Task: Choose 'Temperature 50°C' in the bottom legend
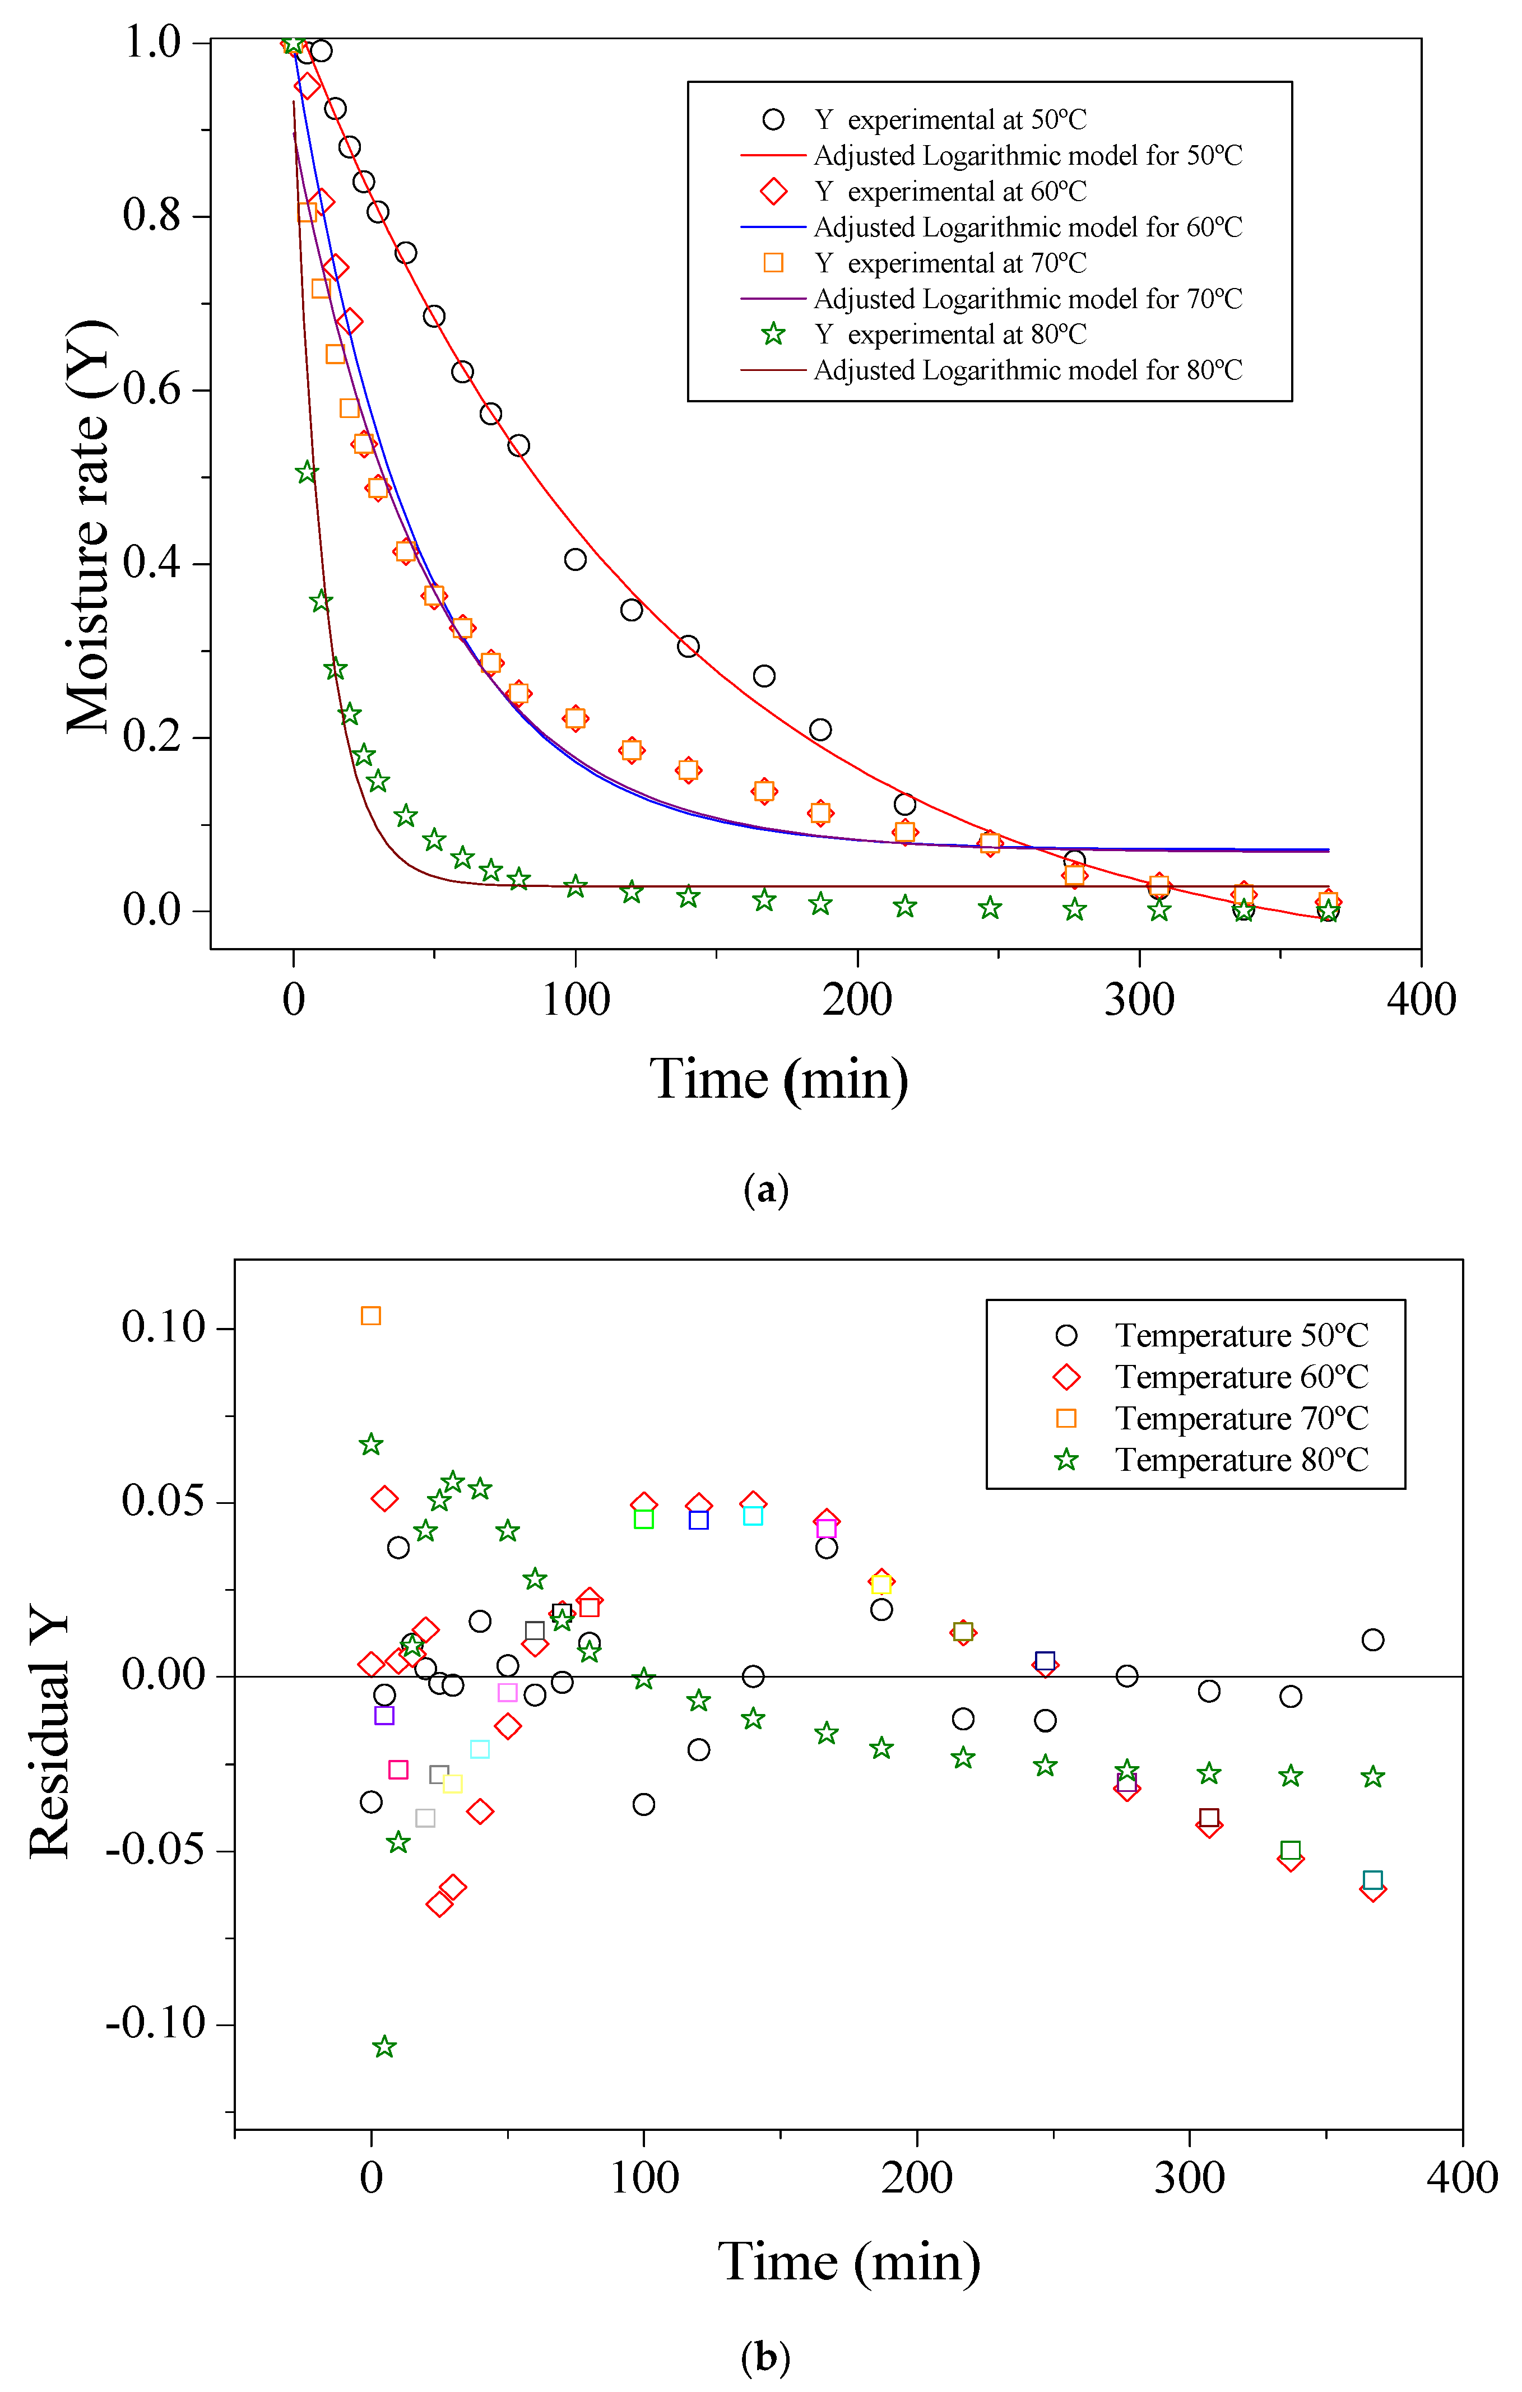coord(1241,1335)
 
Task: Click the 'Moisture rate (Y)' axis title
coord(87,527)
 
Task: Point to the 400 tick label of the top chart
coord(1421,999)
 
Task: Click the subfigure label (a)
coord(765,1189)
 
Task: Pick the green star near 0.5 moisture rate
coord(306,473)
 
